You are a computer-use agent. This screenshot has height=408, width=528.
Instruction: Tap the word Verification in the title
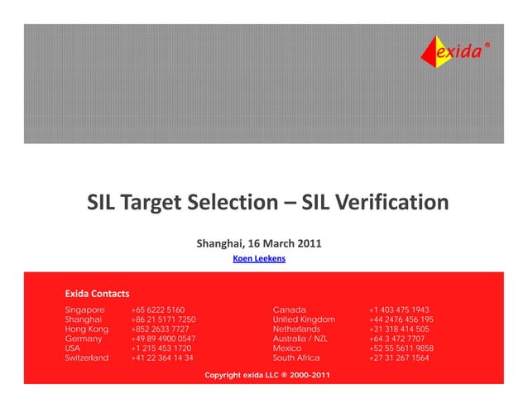(387, 204)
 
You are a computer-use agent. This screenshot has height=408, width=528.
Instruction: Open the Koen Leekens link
(260, 259)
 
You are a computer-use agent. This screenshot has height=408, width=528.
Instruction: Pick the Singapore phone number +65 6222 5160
(158, 309)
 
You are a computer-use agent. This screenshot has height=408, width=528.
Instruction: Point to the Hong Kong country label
(86, 329)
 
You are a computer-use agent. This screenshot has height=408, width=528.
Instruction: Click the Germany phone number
(164, 338)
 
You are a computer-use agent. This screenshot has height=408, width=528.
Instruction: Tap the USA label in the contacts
(73, 348)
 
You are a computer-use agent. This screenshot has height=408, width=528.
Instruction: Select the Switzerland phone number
(162, 358)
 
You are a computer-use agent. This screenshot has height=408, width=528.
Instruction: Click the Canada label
(290, 309)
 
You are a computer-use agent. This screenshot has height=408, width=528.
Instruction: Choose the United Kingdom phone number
(401, 319)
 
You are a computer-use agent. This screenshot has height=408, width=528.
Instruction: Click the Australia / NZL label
(300, 338)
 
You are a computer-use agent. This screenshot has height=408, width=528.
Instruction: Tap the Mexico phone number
(401, 348)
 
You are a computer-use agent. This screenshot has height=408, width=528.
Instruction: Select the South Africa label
(296, 358)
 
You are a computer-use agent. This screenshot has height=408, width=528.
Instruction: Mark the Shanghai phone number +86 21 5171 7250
(164, 319)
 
